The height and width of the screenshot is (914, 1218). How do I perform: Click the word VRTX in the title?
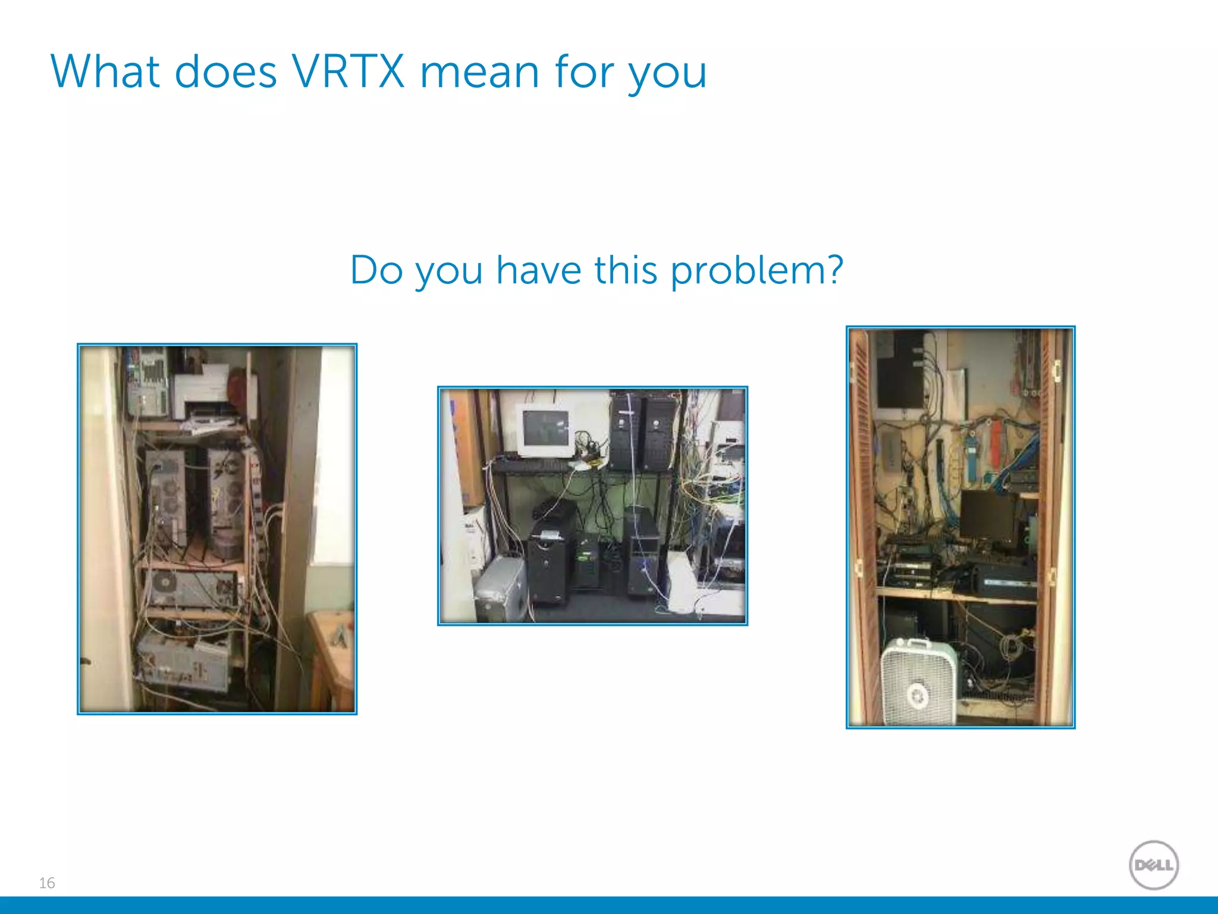coord(349,72)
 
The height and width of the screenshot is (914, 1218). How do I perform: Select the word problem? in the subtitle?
coord(756,271)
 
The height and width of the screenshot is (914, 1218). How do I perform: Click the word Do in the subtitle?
coord(376,270)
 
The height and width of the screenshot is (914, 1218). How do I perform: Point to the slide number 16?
coord(47,882)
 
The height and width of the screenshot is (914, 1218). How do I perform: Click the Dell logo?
coord(1153,865)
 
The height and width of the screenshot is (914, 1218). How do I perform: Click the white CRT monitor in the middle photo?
coord(545,431)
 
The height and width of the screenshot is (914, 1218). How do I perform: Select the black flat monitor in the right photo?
coord(987,515)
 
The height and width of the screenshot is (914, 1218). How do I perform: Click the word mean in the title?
coord(479,72)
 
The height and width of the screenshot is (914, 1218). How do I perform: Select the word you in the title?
coord(667,74)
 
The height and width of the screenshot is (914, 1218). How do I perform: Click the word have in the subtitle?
coord(538,270)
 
